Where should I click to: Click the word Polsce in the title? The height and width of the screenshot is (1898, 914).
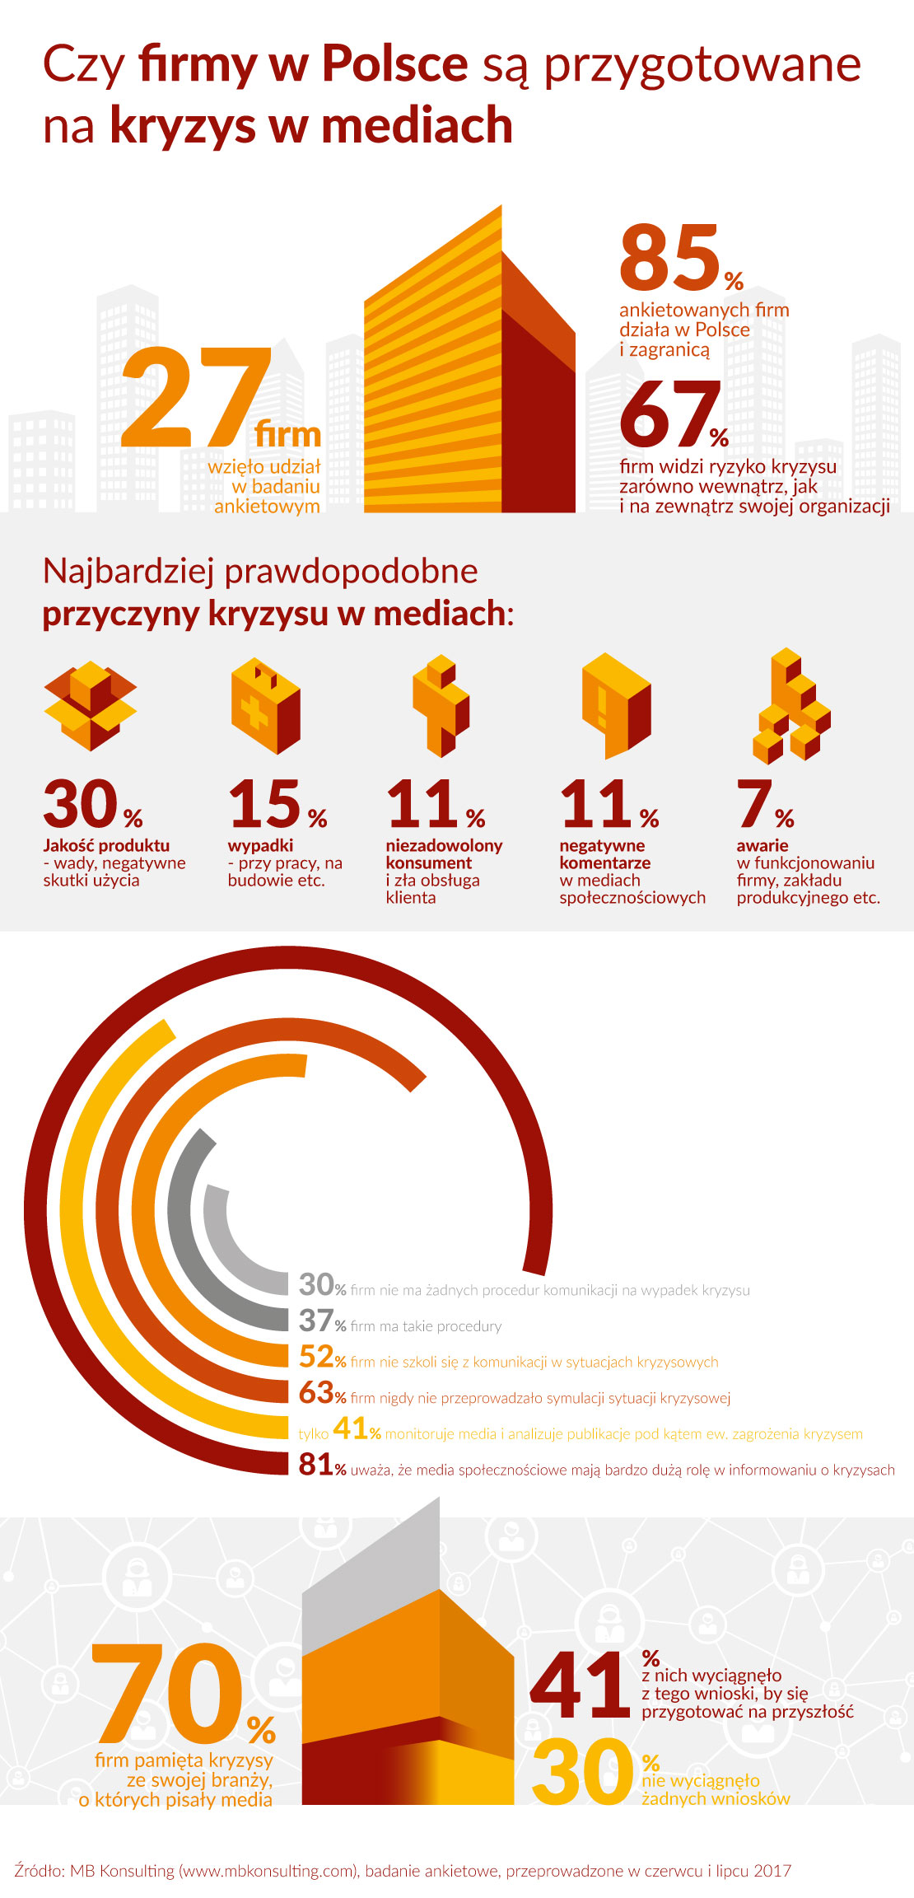point(394,63)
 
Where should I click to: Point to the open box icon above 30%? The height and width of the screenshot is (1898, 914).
point(91,704)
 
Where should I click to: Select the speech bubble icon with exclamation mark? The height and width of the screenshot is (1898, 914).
point(616,705)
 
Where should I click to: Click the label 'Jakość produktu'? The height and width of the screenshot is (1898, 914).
point(106,845)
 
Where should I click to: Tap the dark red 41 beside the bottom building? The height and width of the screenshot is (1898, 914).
point(580,1685)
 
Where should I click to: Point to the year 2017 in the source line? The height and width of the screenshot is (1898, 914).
point(772,1870)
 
